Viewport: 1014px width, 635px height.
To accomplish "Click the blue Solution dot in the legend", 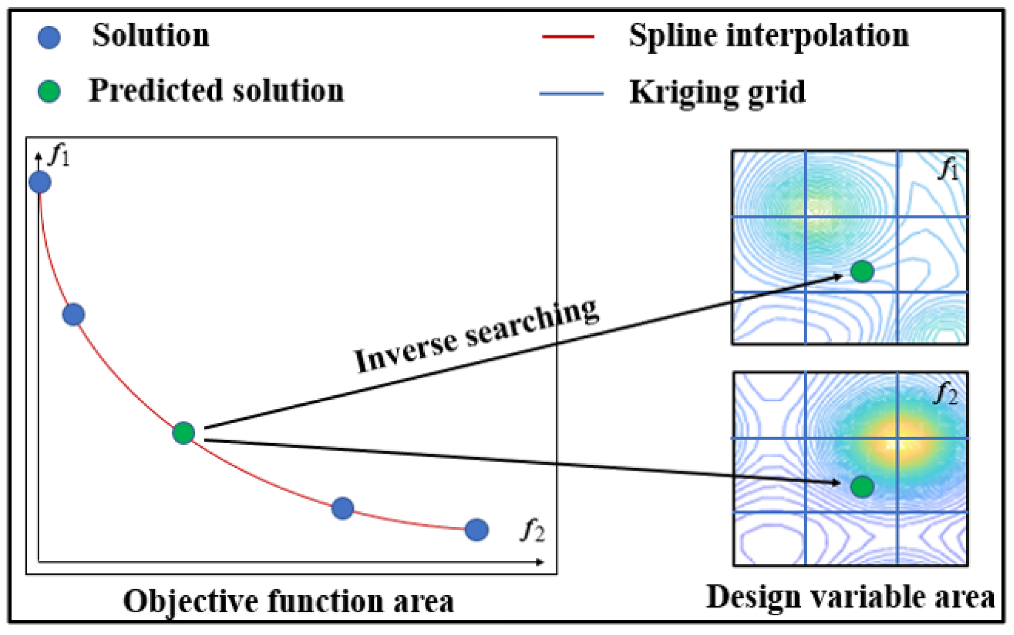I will (49, 38).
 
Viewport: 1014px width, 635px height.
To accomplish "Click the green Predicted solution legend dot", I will (49, 92).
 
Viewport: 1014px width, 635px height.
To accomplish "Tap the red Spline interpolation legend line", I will (568, 37).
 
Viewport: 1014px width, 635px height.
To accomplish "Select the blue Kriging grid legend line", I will (571, 94).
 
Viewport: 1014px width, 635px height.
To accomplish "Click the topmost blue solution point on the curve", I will (40, 182).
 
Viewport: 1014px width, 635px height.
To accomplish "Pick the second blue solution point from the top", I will (74, 314).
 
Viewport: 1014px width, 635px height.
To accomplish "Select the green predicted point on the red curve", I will (184, 433).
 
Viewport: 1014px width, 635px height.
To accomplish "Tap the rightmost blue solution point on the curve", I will (476, 530).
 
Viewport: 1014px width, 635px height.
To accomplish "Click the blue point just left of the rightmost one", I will (343, 508).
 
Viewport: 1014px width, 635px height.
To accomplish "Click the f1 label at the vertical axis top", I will (60, 155).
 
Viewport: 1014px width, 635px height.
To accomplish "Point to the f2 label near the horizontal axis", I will (533, 532).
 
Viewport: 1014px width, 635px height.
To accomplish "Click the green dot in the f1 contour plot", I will (862, 272).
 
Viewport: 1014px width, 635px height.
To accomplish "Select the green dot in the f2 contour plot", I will (862, 487).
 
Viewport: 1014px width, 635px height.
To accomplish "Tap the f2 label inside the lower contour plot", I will (946, 394).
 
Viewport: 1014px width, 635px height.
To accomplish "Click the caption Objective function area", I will (289, 602).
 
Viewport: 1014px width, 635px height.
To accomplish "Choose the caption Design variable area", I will (850, 597).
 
